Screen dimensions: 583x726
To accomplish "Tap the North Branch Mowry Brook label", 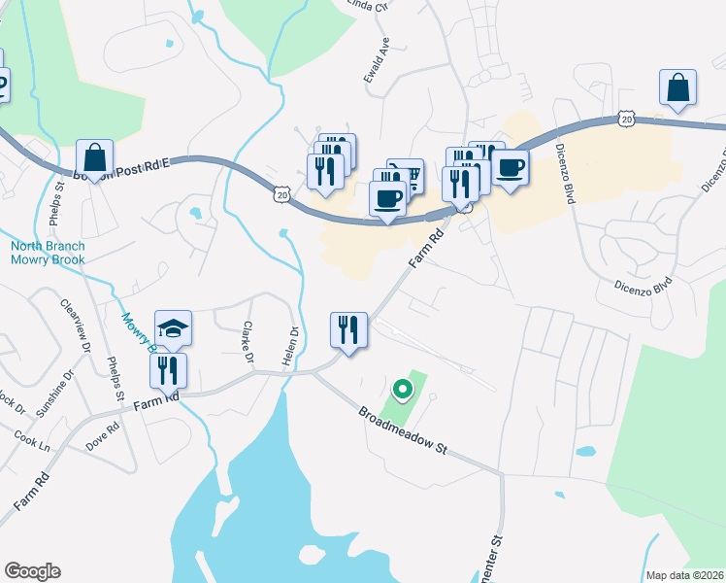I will coord(48,253).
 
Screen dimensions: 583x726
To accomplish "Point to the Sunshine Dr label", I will coord(55,393).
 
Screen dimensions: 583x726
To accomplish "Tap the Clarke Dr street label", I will coord(248,345).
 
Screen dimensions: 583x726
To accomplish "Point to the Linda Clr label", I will coord(373,4).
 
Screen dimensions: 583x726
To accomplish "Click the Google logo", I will coord(32,571).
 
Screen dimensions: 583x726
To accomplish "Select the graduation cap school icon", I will coord(173,329).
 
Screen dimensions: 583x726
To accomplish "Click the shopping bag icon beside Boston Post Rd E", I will coord(95,156).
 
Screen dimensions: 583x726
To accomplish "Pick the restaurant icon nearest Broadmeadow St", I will coord(349,329).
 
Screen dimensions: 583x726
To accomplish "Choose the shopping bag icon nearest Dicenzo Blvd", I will coord(677,87).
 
